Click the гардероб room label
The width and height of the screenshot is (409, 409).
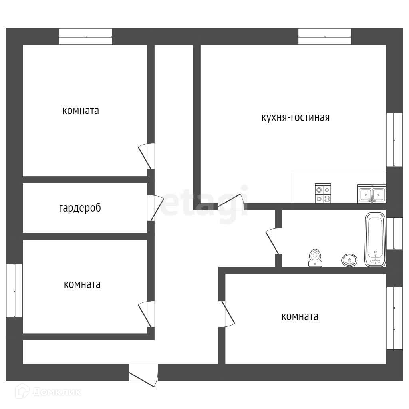(x=80, y=208)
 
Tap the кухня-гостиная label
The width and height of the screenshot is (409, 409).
(x=295, y=118)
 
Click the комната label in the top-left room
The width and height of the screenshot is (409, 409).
(x=81, y=111)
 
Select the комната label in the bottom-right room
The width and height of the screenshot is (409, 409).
(x=300, y=317)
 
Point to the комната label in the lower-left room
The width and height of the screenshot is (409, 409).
(x=82, y=285)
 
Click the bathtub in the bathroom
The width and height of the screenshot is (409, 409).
(x=375, y=240)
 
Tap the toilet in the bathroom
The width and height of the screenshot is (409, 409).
(x=316, y=258)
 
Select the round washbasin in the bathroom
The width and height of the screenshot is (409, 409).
(x=349, y=260)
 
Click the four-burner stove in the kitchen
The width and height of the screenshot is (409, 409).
(x=323, y=193)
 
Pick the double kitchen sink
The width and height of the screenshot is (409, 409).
(x=371, y=194)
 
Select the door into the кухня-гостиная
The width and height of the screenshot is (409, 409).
(x=232, y=202)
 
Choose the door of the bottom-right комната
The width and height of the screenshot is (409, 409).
(x=228, y=314)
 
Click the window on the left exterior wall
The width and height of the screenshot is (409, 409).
(x=14, y=290)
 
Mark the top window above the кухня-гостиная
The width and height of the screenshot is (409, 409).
(x=325, y=36)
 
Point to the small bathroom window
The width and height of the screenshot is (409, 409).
(x=394, y=234)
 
